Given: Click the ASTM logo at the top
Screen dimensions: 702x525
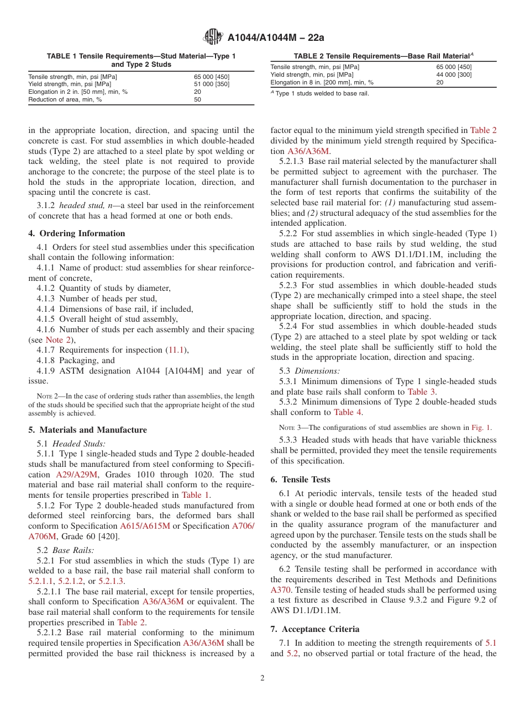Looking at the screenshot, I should click(212, 37).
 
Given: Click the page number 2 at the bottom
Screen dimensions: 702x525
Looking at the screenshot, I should click(262, 678).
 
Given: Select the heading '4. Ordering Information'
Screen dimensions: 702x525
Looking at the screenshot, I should click(77, 233).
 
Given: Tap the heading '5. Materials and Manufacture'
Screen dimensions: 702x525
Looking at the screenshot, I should click(87, 430).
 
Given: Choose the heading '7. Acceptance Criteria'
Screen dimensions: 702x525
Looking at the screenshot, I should click(314, 629).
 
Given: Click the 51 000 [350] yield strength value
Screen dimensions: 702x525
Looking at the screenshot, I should click(211, 84).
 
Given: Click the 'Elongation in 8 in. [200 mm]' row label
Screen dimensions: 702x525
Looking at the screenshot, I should click(322, 82).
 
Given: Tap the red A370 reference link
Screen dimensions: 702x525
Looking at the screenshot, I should click(280, 590).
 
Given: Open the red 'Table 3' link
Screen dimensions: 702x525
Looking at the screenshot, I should click(421, 392).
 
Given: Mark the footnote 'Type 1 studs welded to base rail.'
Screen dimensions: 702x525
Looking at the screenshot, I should click(321, 93).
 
